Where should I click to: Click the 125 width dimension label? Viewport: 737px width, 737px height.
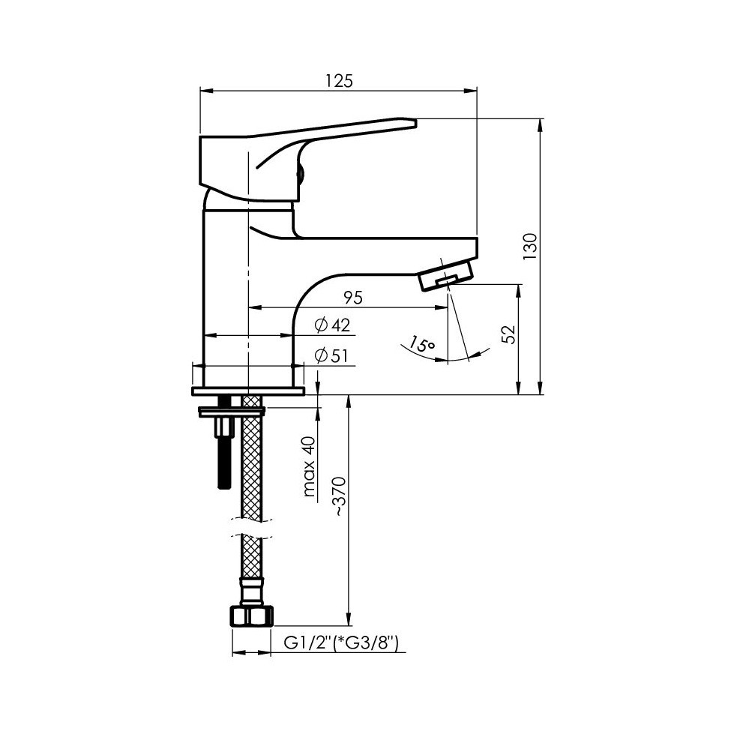[x=338, y=81]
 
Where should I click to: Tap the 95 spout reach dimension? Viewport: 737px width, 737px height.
[x=352, y=298]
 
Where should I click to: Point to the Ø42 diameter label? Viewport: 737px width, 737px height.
[x=332, y=325]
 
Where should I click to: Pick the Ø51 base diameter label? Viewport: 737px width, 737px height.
[x=331, y=356]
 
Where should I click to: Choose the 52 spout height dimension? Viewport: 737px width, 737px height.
[x=508, y=334]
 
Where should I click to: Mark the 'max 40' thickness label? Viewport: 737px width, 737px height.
[x=309, y=466]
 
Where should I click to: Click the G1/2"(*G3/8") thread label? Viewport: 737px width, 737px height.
[x=341, y=643]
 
